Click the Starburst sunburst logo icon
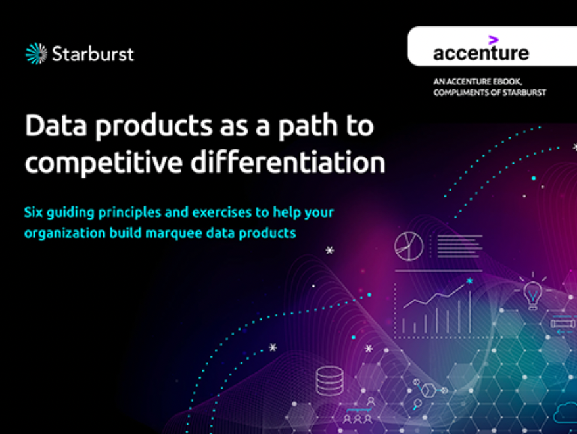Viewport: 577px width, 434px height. (x=36, y=54)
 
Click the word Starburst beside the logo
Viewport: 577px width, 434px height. (x=93, y=54)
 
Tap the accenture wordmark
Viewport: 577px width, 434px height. (x=481, y=53)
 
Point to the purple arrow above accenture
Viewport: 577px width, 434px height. (x=494, y=39)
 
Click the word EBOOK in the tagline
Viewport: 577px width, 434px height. (x=507, y=82)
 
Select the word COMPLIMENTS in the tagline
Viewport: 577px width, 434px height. (x=461, y=93)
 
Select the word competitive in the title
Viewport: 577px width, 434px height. (x=103, y=162)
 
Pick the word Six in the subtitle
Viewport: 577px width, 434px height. (x=34, y=212)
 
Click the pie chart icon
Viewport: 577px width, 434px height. (x=409, y=247)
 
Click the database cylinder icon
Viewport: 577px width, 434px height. (x=330, y=381)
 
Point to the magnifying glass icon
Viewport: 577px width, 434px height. (x=417, y=404)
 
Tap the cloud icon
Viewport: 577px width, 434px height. (x=565, y=413)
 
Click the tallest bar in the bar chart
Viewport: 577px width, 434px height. (x=470, y=311)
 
